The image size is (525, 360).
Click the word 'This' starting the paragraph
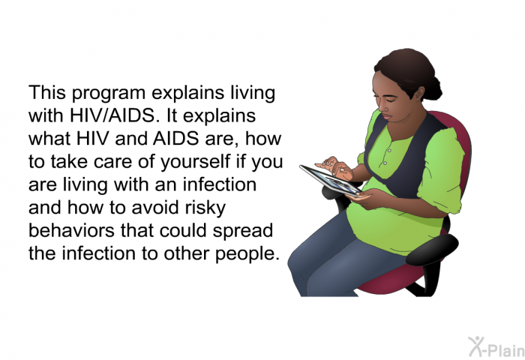pos(47,92)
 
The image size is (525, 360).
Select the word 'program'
pos(109,94)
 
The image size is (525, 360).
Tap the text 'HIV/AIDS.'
pos(112,115)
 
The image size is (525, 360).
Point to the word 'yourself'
pos(195,162)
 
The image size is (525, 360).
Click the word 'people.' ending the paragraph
pos(247,254)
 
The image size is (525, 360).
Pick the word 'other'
pos(187,253)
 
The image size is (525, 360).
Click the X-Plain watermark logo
pos(496,347)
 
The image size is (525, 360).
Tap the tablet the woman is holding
pos(330,181)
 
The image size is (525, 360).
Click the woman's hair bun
pos(433,88)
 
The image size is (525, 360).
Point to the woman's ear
pos(418,94)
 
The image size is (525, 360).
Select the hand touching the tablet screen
pos(336,167)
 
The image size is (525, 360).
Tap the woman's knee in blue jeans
pos(301,265)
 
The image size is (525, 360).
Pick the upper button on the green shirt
pos(389,151)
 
